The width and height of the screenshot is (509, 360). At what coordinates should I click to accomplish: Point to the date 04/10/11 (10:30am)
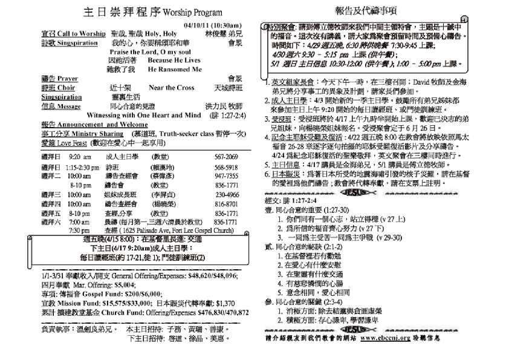(213, 25)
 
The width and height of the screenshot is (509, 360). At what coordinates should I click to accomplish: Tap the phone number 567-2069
(227, 156)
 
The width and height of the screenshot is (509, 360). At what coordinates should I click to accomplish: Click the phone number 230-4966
(227, 195)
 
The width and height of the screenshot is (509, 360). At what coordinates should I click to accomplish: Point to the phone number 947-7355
(227, 175)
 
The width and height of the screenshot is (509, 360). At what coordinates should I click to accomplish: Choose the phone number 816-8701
(227, 205)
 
